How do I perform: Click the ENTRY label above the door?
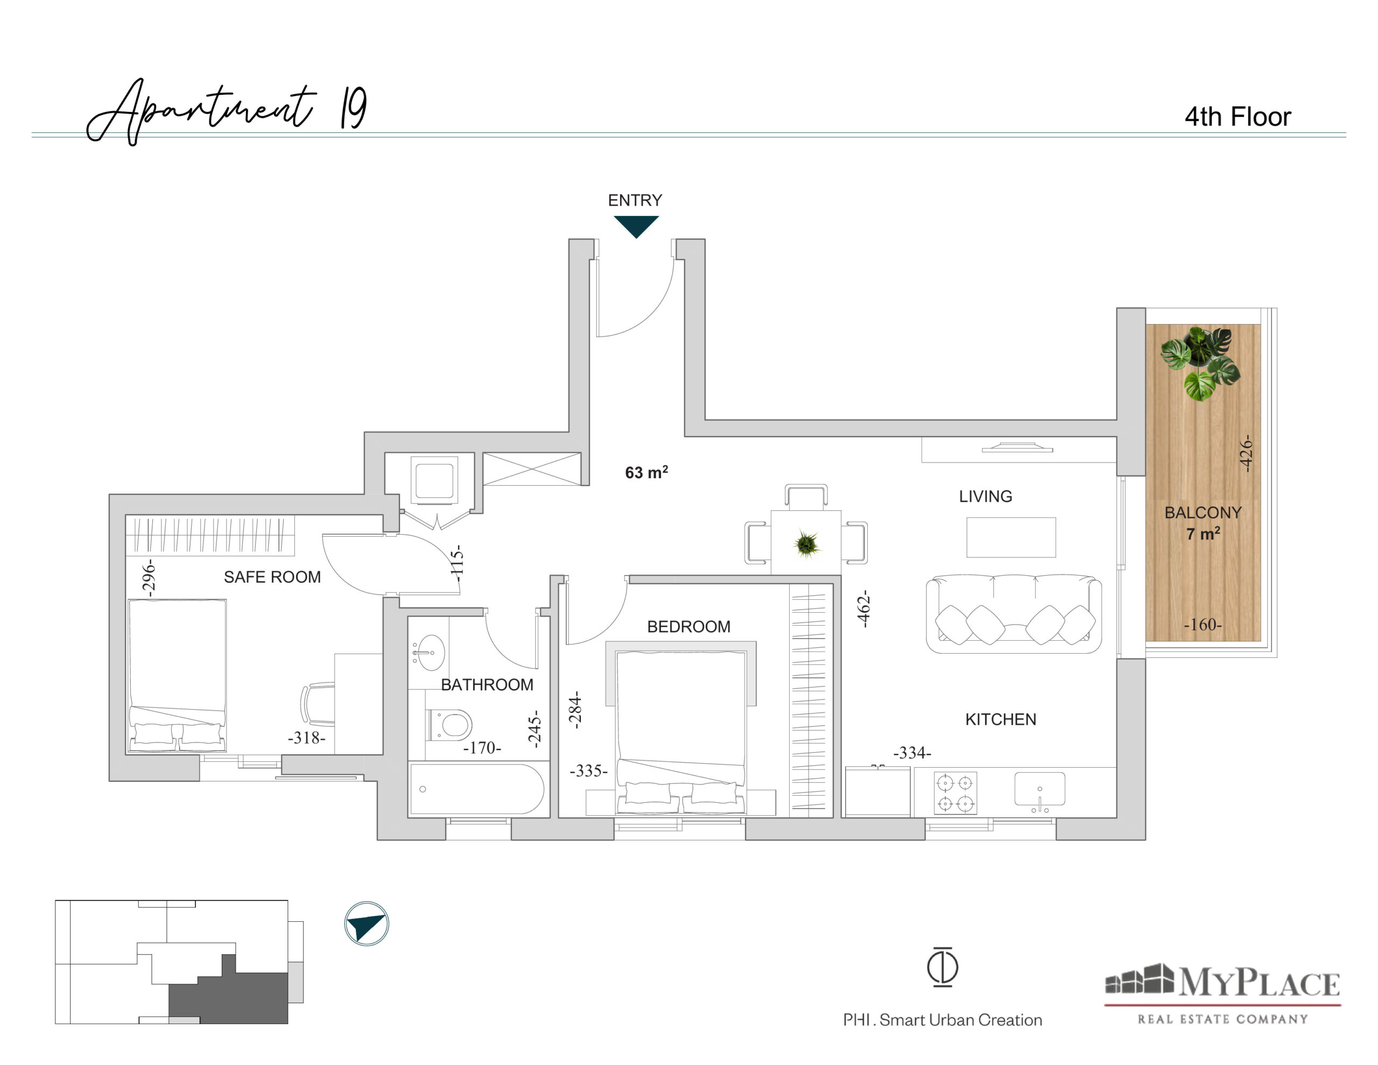[x=635, y=200]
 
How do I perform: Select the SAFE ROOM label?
[x=272, y=577]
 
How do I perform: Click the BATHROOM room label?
[x=487, y=684]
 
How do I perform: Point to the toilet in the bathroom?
[x=450, y=724]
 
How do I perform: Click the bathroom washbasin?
[x=428, y=652]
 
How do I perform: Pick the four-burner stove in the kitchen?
[x=955, y=793]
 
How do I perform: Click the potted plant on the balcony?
[x=1199, y=363]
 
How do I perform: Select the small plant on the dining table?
[x=807, y=544]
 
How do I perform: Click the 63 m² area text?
[x=646, y=472]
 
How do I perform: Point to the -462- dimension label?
[x=863, y=608]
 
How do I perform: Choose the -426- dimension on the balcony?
[x=1245, y=453]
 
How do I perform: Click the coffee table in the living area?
[x=1011, y=537]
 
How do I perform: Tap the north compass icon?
[x=367, y=923]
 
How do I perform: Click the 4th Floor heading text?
[x=1238, y=117]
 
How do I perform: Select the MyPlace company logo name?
[x=1258, y=983]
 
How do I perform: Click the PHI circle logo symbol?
[x=943, y=966]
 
